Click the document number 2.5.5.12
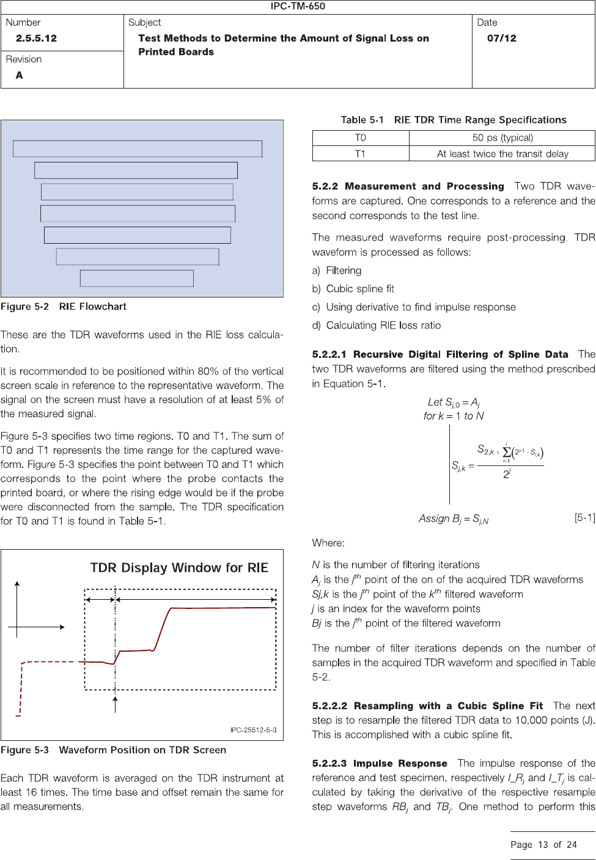36,38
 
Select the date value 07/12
501,38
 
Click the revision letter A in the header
20,75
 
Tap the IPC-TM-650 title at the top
298,6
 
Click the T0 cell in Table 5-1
360,138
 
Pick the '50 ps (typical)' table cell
502,138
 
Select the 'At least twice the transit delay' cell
502,154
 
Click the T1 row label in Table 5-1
360,154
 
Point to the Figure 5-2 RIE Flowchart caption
64,307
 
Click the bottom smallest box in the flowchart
137,278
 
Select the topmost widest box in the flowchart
138,149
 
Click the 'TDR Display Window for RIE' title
179,568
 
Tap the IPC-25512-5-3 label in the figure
253,730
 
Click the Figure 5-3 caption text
113,750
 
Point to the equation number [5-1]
584,518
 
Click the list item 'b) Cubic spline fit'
353,289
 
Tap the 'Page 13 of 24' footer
543,845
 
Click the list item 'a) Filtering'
337,271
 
